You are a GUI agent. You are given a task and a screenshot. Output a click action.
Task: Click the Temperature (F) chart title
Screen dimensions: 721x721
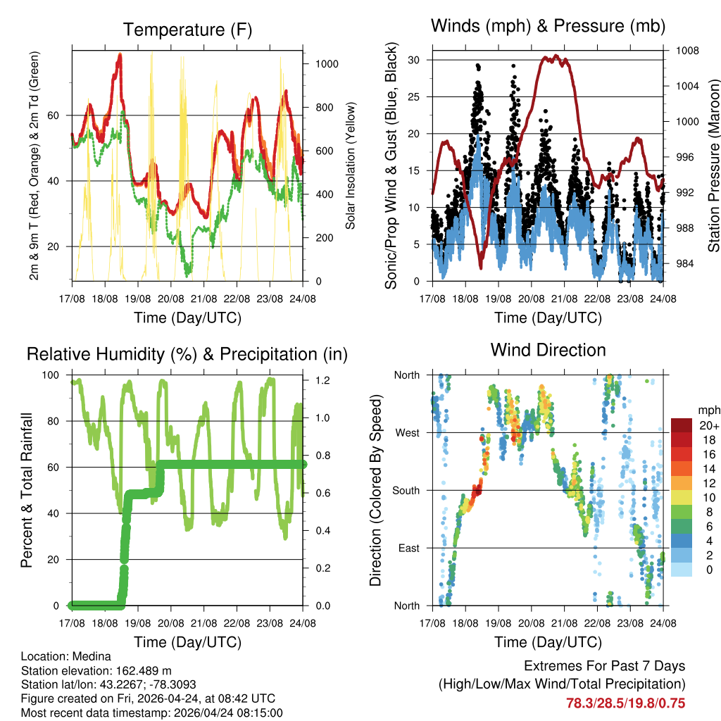click(x=187, y=30)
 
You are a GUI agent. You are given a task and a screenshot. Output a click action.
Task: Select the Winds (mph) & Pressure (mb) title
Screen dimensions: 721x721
click(x=548, y=27)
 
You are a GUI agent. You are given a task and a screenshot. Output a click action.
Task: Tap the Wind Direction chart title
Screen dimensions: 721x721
click(x=548, y=349)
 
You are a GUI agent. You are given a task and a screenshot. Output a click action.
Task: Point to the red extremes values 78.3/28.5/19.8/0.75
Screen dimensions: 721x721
click(x=625, y=703)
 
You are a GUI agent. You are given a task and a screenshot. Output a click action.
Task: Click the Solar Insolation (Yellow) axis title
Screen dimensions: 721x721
click(x=350, y=166)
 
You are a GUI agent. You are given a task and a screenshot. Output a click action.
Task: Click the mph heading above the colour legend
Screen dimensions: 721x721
click(x=708, y=410)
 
